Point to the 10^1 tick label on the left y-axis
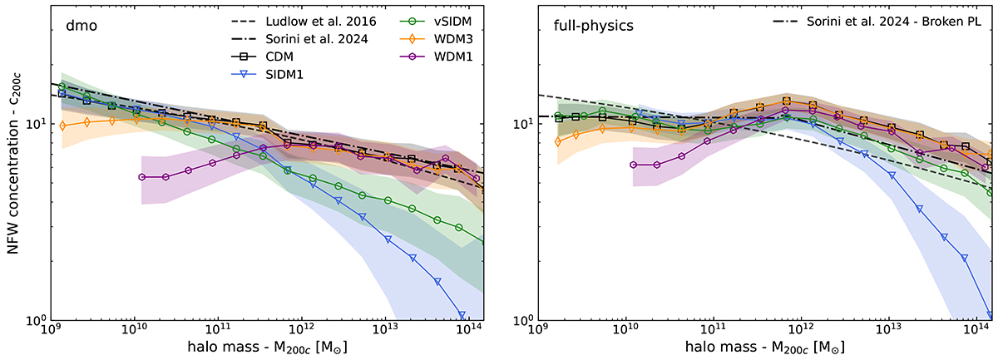36,124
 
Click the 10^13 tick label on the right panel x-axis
889,332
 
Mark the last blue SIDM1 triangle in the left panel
460,308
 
